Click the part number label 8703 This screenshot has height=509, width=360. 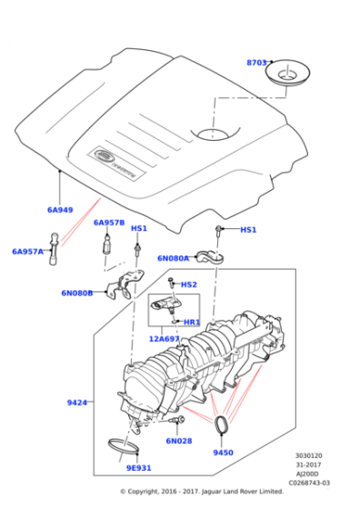click(x=257, y=63)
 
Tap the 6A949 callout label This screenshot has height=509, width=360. click(x=60, y=210)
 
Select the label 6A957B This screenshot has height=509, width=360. click(x=109, y=223)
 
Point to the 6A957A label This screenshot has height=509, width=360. click(x=27, y=251)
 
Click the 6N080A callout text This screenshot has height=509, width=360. click(x=173, y=258)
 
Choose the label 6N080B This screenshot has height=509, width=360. click(x=77, y=293)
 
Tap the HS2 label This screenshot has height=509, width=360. click(x=188, y=284)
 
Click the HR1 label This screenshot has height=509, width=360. click(x=192, y=322)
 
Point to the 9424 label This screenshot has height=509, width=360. click(x=77, y=402)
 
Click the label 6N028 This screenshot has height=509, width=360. click(x=178, y=441)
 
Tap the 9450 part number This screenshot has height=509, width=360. click(x=223, y=452)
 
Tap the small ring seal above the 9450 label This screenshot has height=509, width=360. click(x=223, y=424)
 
